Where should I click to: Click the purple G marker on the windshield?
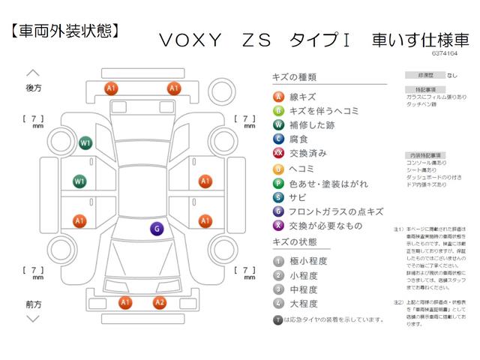(x=157, y=229)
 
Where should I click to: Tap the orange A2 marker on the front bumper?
(x=159, y=302)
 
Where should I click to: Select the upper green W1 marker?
(x=85, y=142)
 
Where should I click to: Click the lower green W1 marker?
(x=79, y=181)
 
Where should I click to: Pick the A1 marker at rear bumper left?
(x=112, y=88)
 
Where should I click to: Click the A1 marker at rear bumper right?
(x=174, y=88)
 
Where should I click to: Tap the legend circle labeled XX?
(x=278, y=152)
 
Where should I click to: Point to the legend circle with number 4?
(x=278, y=304)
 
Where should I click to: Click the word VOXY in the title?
(x=191, y=40)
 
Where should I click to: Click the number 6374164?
(x=446, y=53)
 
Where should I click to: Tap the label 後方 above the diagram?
(x=33, y=88)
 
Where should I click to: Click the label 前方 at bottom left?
(x=33, y=304)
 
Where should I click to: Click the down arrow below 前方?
(x=33, y=318)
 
